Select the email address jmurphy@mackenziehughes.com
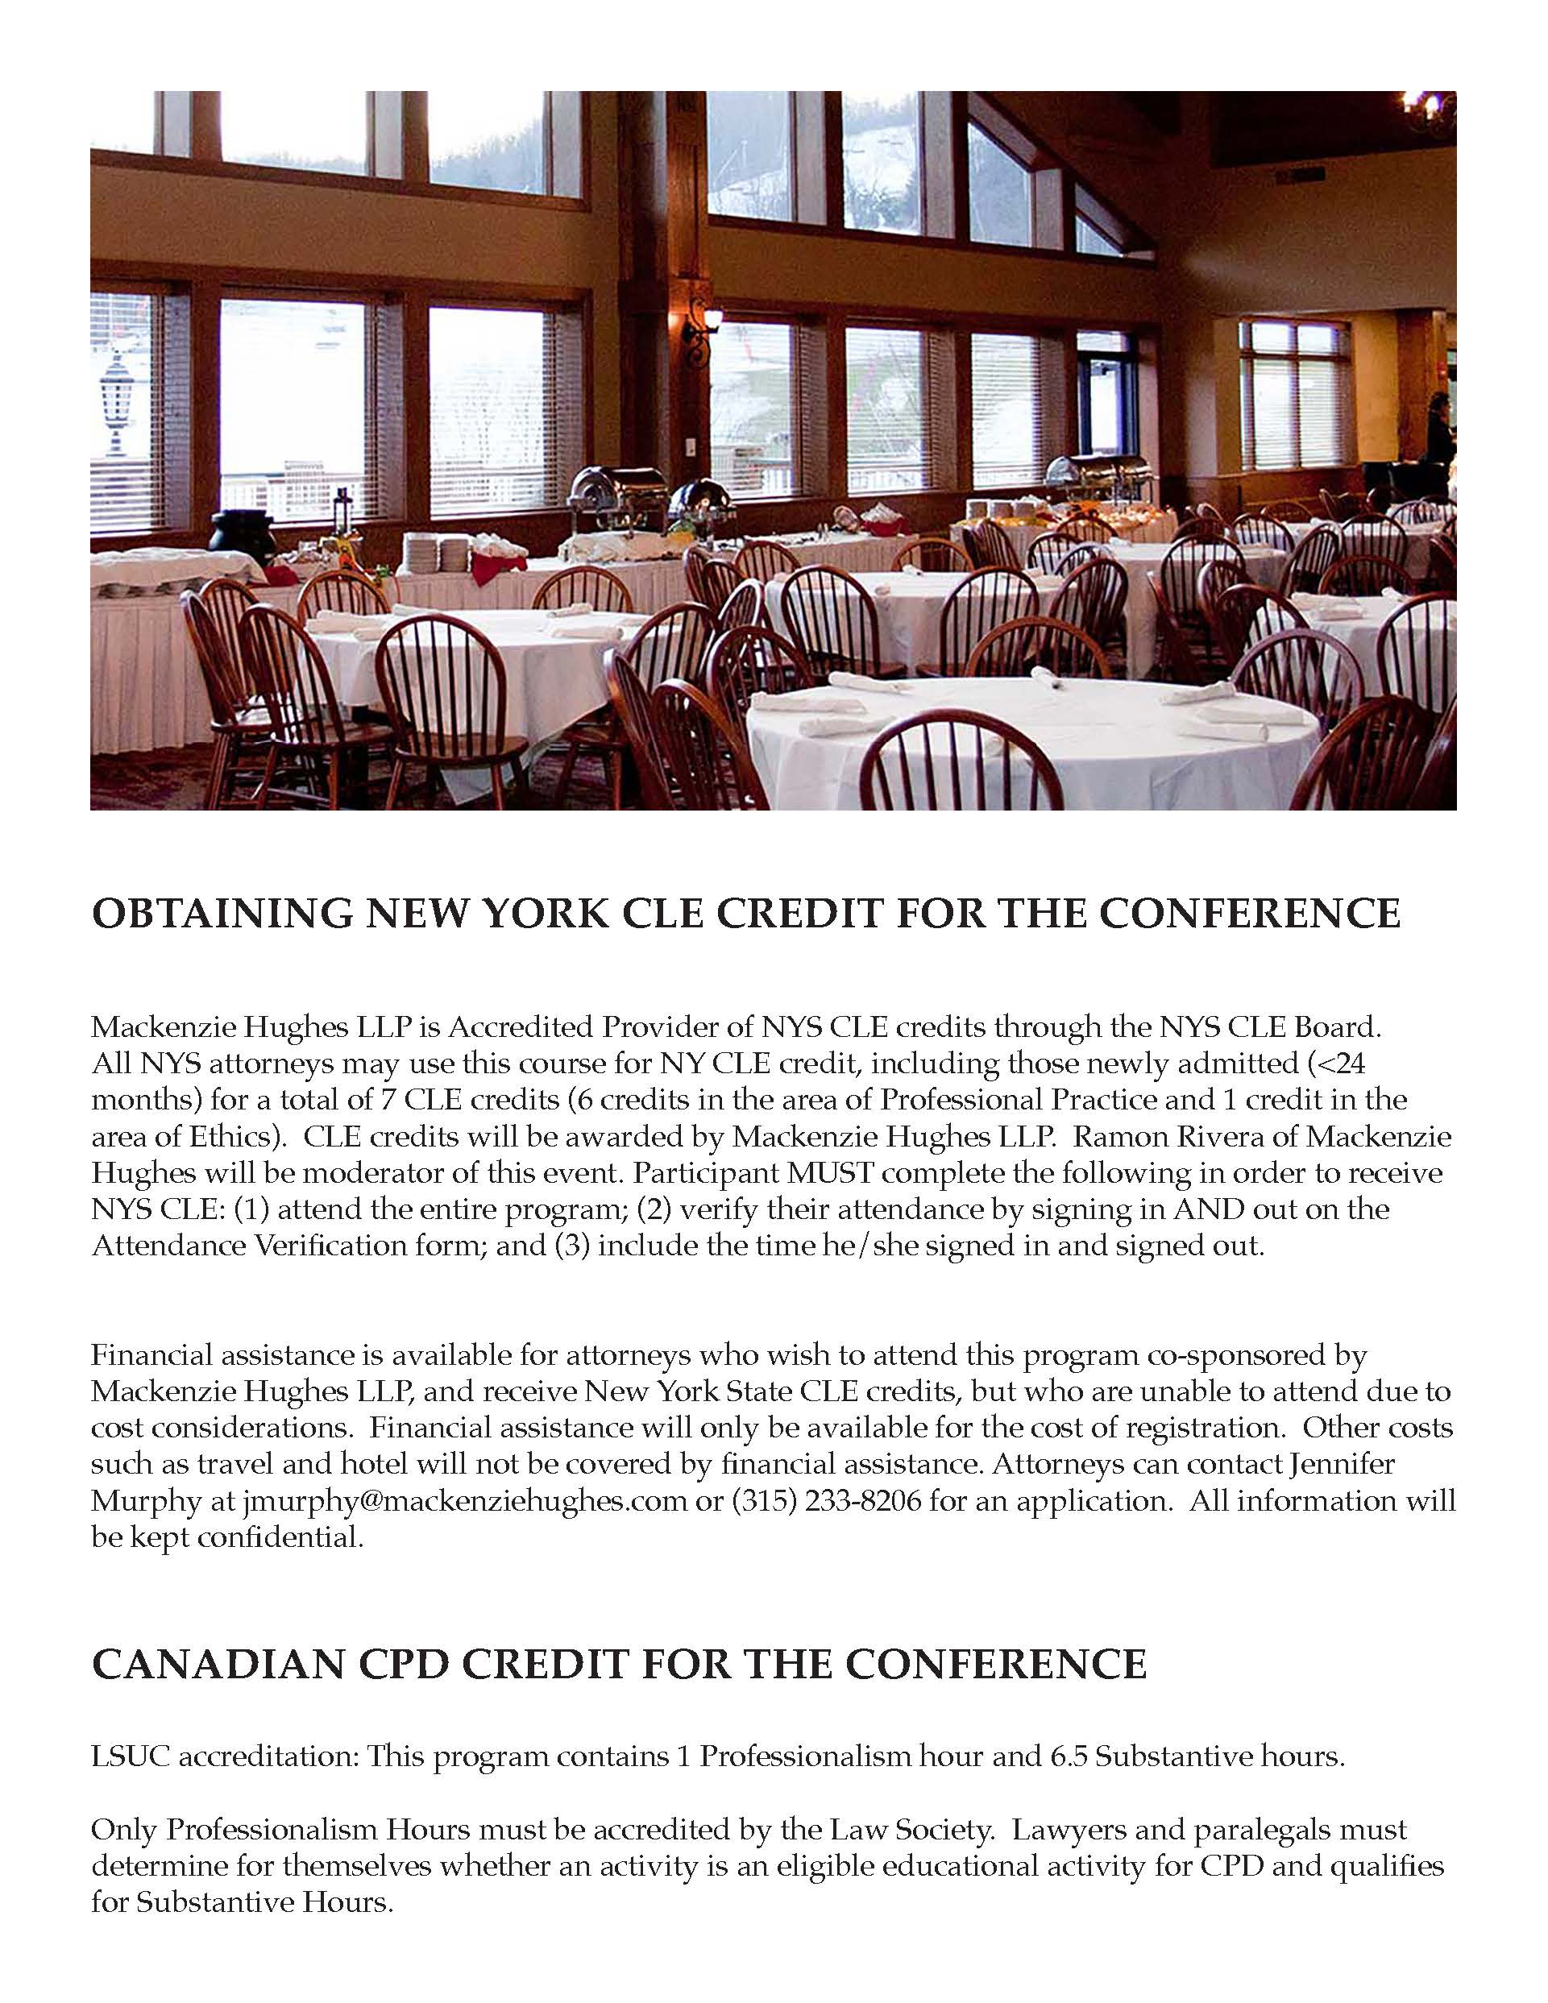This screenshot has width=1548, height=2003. pyautogui.click(x=465, y=1500)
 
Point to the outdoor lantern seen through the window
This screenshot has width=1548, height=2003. pyautogui.click(x=117, y=399)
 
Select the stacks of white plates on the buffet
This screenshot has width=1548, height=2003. pyautogui.click(x=438, y=550)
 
